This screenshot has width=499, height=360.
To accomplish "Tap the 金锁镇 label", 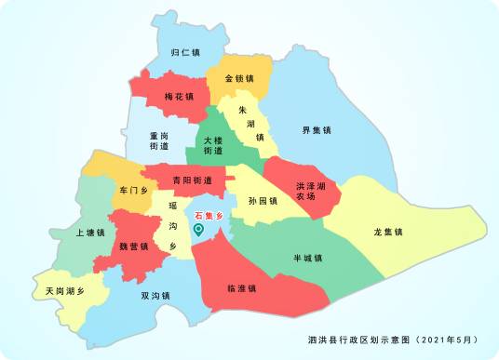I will point(239,78).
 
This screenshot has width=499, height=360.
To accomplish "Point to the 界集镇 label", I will point(317,130).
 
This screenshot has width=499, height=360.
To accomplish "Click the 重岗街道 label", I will point(159,140).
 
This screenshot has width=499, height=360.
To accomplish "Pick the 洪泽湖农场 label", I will point(311,191).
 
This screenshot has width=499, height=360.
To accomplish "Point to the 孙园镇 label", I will point(263,201).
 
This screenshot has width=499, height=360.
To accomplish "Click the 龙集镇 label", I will point(387,231).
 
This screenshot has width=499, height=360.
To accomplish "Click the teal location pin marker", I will point(197,230).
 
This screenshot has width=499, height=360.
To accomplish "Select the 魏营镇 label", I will point(134,247).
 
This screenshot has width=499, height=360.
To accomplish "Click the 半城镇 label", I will point(306,259).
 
